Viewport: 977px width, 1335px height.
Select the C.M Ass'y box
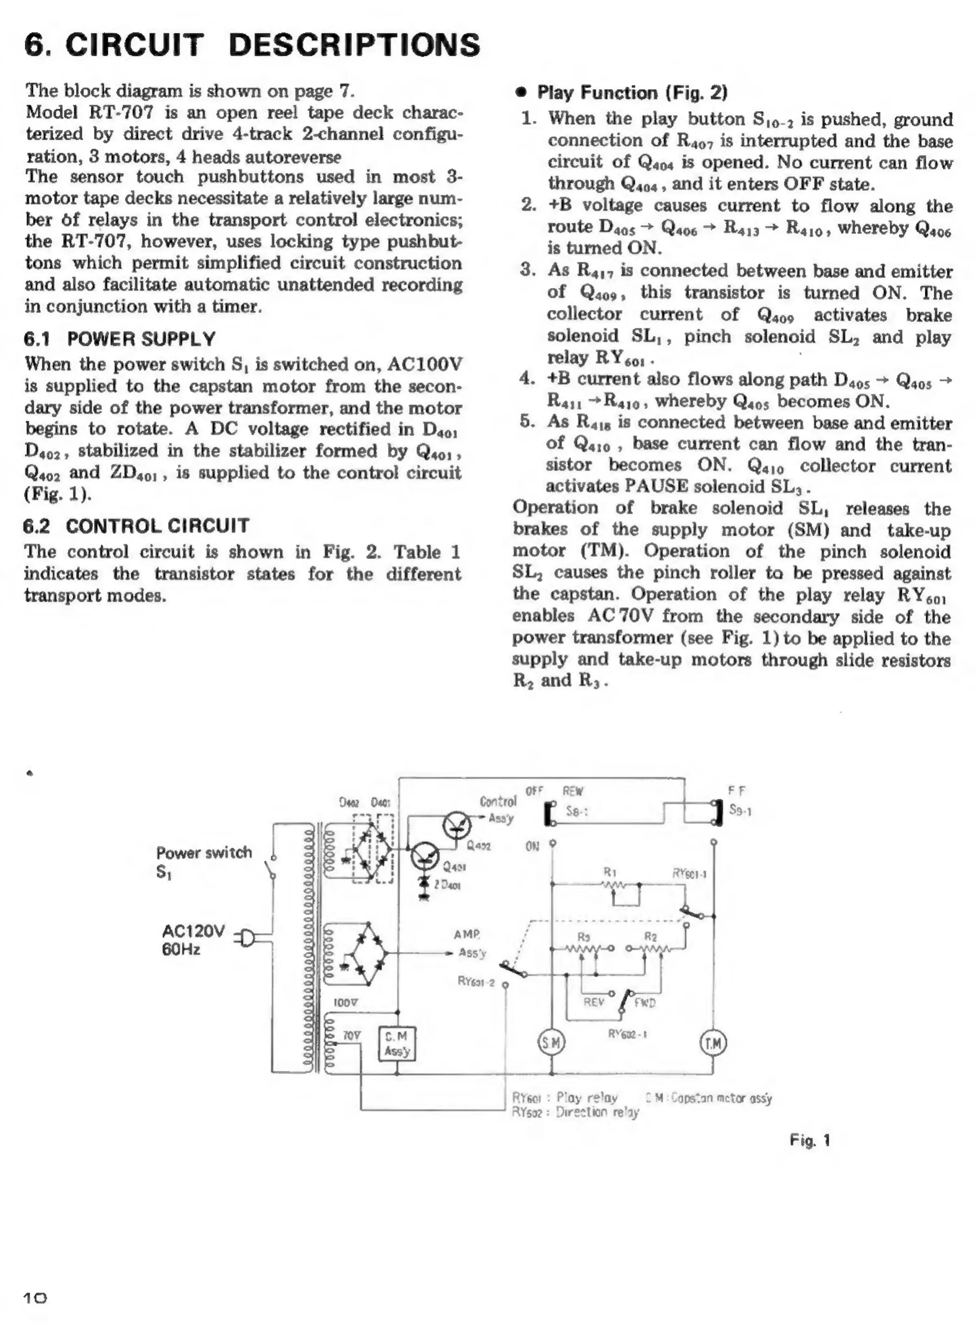[396, 1044]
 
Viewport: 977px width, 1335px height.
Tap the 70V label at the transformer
[351, 1035]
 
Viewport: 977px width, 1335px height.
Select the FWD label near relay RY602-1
[645, 1003]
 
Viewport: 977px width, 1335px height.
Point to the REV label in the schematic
[594, 1002]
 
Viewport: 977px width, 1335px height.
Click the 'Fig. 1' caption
[810, 1140]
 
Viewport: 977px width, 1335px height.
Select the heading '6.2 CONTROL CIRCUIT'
[137, 525]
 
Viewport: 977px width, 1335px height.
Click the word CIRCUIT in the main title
[134, 45]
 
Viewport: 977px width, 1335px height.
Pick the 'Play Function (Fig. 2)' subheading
[632, 92]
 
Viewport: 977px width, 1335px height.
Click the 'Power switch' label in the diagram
[204, 852]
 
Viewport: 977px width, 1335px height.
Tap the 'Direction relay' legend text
[597, 1112]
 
